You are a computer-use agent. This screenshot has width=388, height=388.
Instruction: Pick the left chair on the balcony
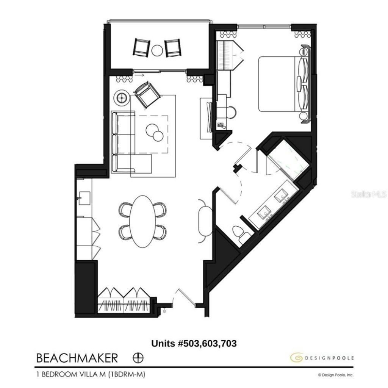tap(141, 47)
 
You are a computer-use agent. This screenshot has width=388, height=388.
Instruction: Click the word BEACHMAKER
tap(77, 357)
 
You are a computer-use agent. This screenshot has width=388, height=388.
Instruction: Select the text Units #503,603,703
tap(194, 344)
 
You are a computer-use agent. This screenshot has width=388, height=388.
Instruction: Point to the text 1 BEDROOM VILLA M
tap(72, 374)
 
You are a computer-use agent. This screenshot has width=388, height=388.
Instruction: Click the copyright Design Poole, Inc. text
tap(335, 375)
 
